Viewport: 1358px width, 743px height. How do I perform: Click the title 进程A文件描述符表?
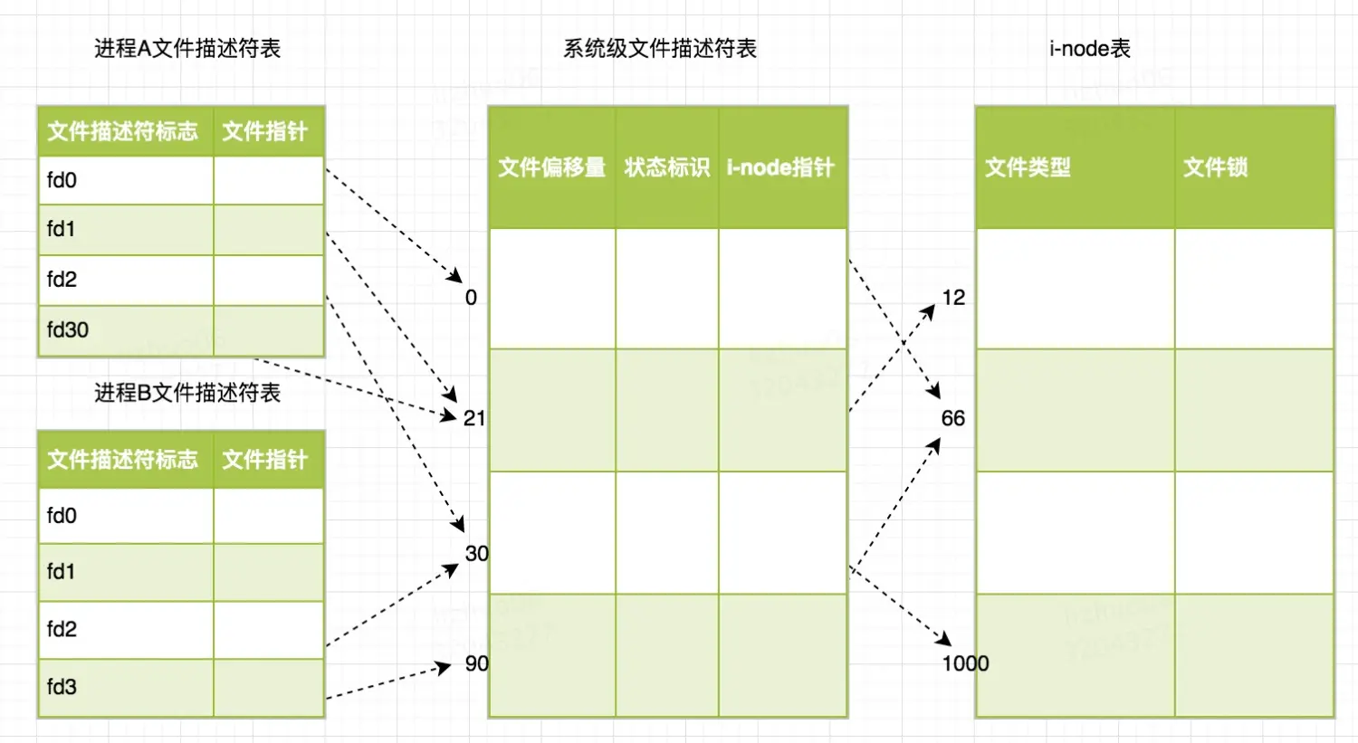[x=187, y=49]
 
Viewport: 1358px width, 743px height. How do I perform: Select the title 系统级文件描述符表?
[x=660, y=49]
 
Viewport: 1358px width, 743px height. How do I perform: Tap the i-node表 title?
[x=1089, y=49]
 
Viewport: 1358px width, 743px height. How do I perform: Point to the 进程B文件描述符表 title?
[x=187, y=393]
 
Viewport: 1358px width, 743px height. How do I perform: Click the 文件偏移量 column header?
[x=551, y=167]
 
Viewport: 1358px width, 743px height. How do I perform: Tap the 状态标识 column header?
[x=667, y=167]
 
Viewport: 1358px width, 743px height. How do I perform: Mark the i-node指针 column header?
[x=780, y=167]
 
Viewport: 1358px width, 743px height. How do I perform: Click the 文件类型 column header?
[x=1028, y=167]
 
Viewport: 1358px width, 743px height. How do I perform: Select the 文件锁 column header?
[x=1215, y=167]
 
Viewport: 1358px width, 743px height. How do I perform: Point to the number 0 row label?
[x=471, y=298]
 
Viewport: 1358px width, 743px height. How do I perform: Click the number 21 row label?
[x=474, y=418]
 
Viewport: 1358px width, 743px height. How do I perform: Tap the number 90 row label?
[x=476, y=663]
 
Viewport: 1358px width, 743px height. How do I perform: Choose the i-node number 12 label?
[x=953, y=298]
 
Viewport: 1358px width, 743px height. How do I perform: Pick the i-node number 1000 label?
[x=965, y=663]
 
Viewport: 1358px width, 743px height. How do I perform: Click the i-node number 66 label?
[x=952, y=418]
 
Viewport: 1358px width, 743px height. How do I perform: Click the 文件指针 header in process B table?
[x=265, y=460]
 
